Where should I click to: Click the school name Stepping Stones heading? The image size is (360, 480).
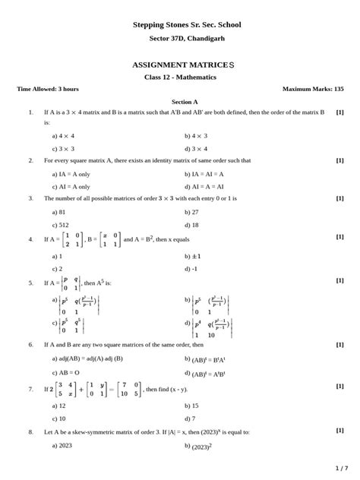click(187, 25)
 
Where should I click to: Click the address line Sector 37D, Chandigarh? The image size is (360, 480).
click(187, 38)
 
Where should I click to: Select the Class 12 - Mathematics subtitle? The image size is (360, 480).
click(180, 77)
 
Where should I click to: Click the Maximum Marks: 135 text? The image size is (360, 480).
click(313, 89)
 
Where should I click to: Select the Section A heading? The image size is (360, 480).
click(185, 101)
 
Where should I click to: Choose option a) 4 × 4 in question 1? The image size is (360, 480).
click(63, 136)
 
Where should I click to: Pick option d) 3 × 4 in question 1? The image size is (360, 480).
click(196, 149)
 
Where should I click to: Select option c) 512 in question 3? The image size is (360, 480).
click(61, 225)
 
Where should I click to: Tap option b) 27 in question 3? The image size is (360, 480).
click(191, 212)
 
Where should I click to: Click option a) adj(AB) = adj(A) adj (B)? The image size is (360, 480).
click(87, 358)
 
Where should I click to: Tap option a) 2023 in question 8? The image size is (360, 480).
click(62, 445)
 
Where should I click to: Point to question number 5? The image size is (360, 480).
click(30, 283)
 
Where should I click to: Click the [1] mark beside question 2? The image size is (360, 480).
click(339, 161)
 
